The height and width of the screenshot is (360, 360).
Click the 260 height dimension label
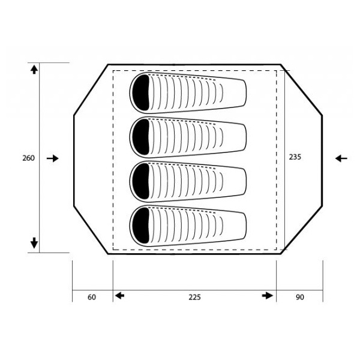click(28, 158)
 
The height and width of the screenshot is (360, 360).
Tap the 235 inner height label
click(295, 157)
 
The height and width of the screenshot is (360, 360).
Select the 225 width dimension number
click(194, 297)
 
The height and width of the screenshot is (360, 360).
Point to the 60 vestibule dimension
click(92, 297)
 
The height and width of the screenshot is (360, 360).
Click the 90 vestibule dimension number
click(300, 297)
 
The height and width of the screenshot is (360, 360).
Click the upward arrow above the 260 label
click(34, 70)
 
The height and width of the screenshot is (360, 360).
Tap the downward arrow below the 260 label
click(34, 243)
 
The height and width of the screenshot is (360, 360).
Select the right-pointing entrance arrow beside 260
click(53, 158)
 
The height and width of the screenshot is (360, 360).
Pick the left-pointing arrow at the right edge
click(341, 158)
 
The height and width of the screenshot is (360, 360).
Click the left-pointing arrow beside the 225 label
click(119, 296)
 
